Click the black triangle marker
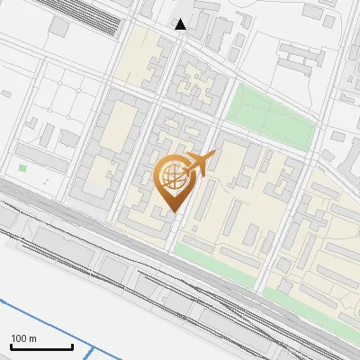tap(181, 24)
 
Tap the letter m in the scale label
tap(32, 338)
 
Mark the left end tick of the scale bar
tap(11, 346)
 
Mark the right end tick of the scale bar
tap(72, 346)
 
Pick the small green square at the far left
tap(22, 168)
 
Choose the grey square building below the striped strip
tap(59, 28)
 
